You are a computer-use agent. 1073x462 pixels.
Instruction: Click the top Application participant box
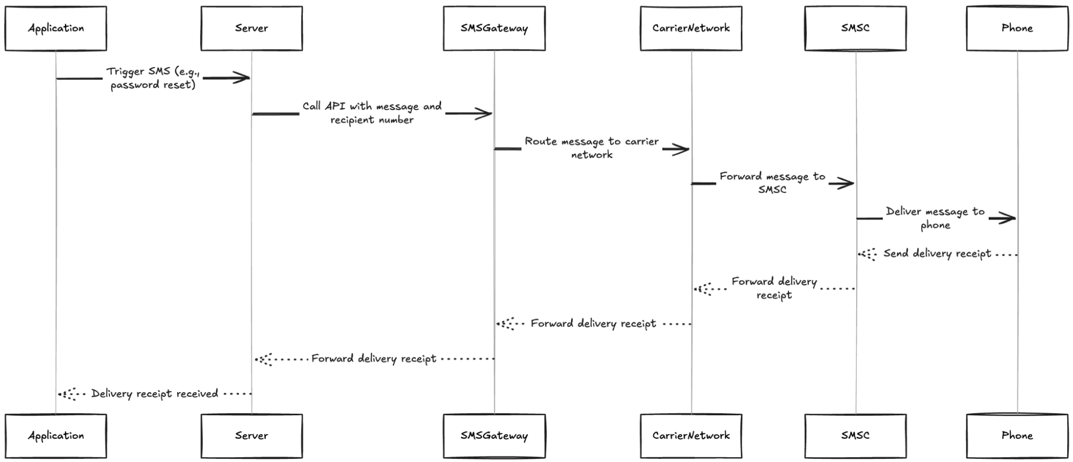point(56,28)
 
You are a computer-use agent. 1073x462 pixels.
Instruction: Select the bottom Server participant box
point(251,436)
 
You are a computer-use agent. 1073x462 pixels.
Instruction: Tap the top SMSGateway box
point(494,28)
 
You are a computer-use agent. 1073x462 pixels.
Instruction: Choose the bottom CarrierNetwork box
point(691,436)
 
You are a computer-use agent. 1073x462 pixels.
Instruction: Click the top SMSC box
point(855,28)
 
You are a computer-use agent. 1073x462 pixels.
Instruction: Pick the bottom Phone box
point(1017,436)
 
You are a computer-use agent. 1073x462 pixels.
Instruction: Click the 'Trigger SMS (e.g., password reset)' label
point(153,78)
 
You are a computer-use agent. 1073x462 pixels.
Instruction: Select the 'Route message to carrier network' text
point(592,148)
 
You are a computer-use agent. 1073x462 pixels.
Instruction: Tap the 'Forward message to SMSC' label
point(772,183)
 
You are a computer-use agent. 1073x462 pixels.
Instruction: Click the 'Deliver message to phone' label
point(935,218)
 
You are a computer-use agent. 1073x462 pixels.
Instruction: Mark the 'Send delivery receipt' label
point(937,254)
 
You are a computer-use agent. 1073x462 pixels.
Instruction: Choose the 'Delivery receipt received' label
point(155,394)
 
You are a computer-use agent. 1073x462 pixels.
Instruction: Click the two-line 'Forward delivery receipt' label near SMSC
point(773,288)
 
